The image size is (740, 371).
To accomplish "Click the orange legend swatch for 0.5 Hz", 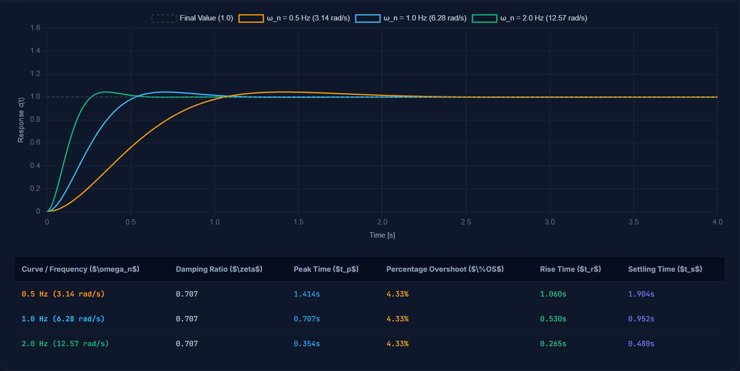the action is tap(251, 18).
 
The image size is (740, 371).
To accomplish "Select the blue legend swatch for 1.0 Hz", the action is tap(368, 18).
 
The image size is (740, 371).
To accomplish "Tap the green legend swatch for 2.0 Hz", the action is tap(484, 18).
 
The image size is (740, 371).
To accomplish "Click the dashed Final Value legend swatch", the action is tap(164, 18).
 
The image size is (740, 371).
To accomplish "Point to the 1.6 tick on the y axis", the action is tap(35, 28).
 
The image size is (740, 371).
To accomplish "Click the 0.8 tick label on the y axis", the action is tap(35, 120).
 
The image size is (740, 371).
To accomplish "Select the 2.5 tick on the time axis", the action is tap(466, 222).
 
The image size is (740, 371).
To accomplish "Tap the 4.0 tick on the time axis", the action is tap(717, 222).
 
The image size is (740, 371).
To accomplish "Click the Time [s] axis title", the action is tap(382, 235).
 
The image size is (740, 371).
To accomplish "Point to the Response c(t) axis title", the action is tap(21, 120).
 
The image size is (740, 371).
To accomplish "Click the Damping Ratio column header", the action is tap(219, 269).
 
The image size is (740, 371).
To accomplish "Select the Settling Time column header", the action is tap(665, 269).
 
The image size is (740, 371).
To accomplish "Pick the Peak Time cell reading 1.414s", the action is tap(307, 294).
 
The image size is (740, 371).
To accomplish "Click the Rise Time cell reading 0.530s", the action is tap(553, 319).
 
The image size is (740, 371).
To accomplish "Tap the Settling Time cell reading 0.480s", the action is tap(641, 344).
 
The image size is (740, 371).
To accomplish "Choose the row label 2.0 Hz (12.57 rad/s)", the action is tap(65, 344).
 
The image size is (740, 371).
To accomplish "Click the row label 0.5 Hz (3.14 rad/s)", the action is tap(63, 294).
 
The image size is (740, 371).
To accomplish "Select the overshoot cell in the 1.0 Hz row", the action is tap(397, 319).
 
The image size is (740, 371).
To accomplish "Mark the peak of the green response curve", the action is tap(106, 92).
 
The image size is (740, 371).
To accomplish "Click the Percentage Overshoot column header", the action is tap(445, 269).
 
